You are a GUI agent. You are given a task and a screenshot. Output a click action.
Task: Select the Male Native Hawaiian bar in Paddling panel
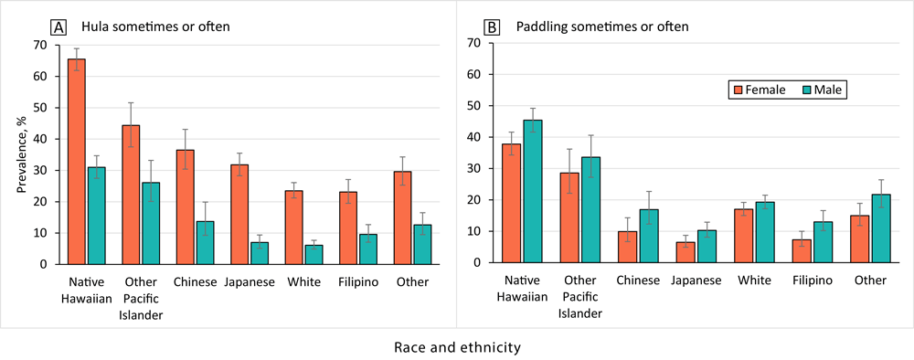tap(534, 192)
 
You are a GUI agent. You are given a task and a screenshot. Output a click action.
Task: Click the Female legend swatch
tap(738, 90)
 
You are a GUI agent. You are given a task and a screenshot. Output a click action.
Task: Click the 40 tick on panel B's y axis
tap(473, 137)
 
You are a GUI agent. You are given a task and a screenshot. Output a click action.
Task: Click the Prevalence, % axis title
tap(20, 154)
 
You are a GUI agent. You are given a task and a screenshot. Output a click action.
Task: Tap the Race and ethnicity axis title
tap(457, 347)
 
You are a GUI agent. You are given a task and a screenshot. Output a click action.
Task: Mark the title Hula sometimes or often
tap(131, 27)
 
